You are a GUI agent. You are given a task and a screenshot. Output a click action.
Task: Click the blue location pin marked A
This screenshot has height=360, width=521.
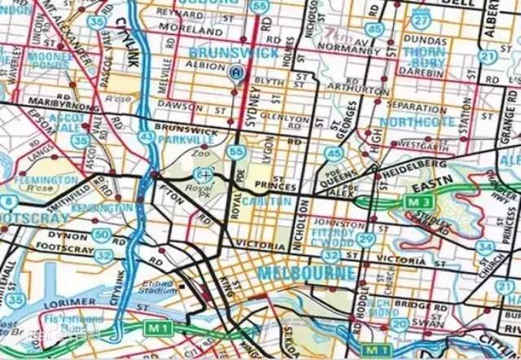[237, 72]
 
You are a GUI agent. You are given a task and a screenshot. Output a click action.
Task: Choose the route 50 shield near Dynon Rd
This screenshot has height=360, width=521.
[101, 235]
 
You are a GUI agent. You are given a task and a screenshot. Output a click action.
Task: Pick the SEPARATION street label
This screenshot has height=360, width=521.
[415, 107]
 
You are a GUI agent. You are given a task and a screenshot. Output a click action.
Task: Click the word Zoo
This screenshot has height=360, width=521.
[199, 153]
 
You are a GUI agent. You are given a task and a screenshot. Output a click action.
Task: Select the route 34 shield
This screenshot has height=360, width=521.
[486, 247]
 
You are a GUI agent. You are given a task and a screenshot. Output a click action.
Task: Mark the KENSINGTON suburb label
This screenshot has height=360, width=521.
[103, 209]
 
